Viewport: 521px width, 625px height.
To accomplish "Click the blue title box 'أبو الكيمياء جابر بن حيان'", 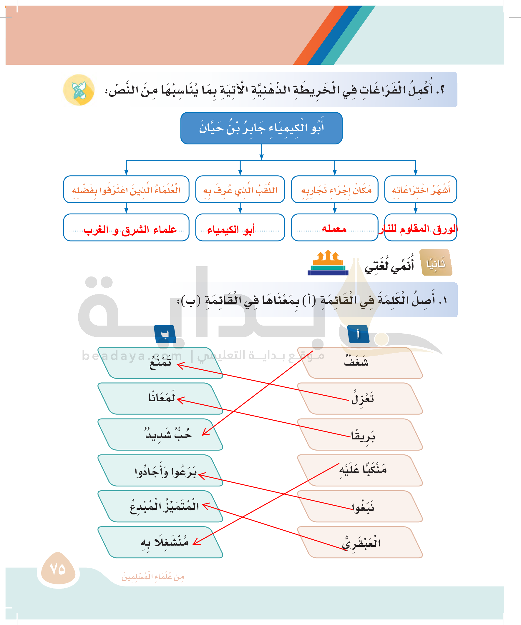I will [x=261, y=128].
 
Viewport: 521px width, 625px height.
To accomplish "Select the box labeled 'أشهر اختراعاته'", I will [x=420, y=190].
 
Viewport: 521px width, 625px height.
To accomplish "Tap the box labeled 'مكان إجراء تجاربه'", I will [x=334, y=190].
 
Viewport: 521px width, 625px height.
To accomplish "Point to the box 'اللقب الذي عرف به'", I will [x=240, y=190].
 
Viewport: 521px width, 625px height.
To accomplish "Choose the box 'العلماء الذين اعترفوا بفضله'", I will [x=126, y=190].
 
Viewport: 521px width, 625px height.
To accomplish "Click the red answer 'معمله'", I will [x=334, y=228].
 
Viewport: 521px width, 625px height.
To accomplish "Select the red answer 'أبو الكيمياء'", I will [x=231, y=229].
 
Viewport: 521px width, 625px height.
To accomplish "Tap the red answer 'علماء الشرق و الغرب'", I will [x=130, y=229].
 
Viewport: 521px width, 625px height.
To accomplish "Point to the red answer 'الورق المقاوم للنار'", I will [x=418, y=229].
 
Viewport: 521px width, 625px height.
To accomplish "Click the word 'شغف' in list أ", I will [x=356, y=362].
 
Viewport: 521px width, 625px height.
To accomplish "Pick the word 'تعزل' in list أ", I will [x=363, y=398].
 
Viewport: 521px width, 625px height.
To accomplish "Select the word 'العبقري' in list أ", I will [x=361, y=543].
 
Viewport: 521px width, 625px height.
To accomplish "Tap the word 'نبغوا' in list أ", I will [x=363, y=507].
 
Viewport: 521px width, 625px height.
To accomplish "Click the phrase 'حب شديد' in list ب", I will [x=168, y=434].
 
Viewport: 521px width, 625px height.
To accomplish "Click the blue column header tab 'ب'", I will [x=165, y=334].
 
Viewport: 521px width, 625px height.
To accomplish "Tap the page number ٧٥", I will [x=58, y=569].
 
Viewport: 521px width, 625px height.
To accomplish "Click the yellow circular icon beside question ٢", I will [x=79, y=90].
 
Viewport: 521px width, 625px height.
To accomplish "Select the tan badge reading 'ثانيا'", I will [x=436, y=263].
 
